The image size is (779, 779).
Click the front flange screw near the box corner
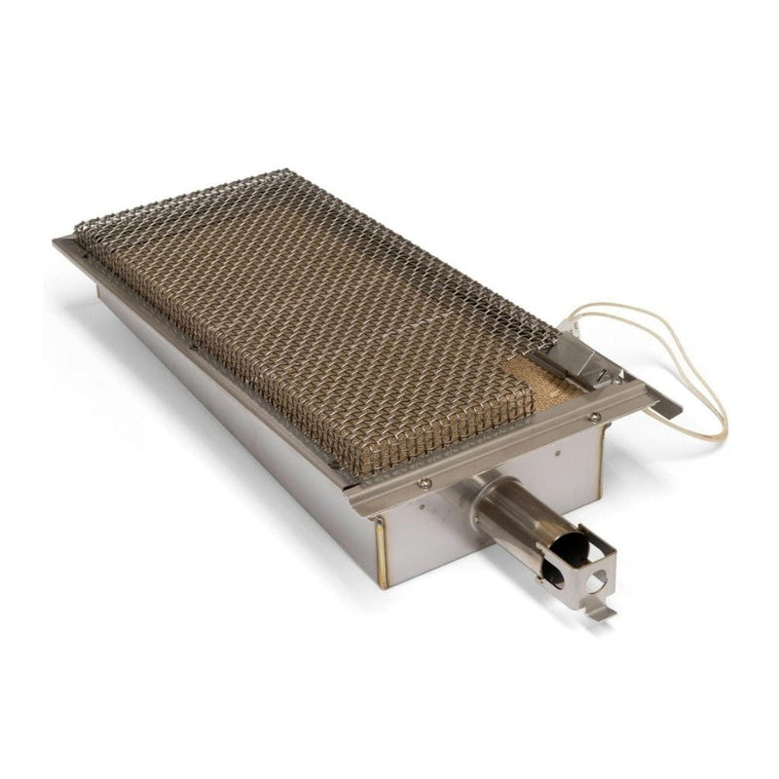click(x=425, y=483)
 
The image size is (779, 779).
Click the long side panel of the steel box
click(x=234, y=419)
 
